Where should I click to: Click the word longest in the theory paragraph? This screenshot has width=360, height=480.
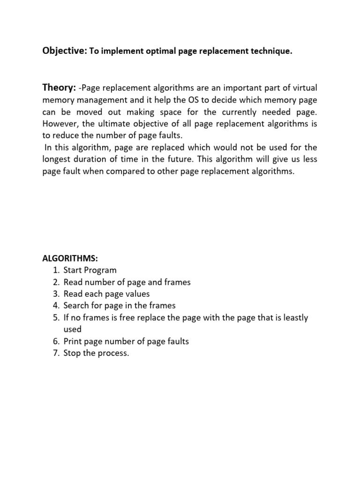pos(57,160)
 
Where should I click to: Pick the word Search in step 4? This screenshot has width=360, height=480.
pos(75,306)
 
